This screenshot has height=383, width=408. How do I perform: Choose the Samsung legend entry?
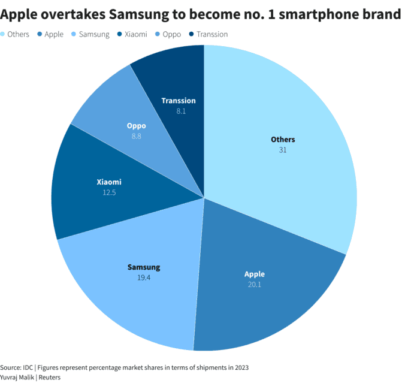(x=92, y=34)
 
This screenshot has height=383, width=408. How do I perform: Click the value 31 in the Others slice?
(x=283, y=150)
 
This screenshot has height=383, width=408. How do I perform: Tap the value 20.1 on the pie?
(x=254, y=284)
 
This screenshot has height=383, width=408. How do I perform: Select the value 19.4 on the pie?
(x=144, y=277)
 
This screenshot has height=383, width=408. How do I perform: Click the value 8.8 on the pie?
(x=136, y=136)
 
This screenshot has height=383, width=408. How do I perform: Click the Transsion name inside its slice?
(x=179, y=101)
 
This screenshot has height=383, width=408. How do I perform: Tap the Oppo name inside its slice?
(x=136, y=126)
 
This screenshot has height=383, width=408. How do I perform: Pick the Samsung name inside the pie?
(x=144, y=267)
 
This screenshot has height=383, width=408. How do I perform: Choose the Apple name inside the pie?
(x=254, y=274)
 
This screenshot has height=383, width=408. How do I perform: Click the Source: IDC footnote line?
(x=124, y=367)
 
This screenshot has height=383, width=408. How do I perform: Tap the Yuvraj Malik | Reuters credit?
(x=30, y=377)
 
